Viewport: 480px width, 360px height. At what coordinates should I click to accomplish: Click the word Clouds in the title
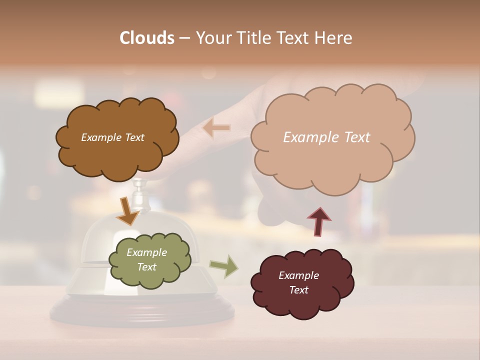[147, 38]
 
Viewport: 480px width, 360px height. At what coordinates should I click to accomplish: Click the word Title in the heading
[254, 38]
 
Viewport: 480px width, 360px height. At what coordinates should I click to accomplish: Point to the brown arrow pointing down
[127, 211]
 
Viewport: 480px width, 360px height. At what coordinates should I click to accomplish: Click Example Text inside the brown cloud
[112, 137]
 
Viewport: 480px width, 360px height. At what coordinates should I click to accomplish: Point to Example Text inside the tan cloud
[326, 137]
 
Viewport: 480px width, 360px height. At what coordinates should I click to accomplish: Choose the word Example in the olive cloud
[146, 252]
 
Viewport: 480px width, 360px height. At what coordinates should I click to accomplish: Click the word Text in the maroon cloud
[298, 290]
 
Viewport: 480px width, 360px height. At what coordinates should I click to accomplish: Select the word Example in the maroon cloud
[298, 275]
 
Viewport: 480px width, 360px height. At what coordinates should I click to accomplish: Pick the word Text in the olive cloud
[146, 267]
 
